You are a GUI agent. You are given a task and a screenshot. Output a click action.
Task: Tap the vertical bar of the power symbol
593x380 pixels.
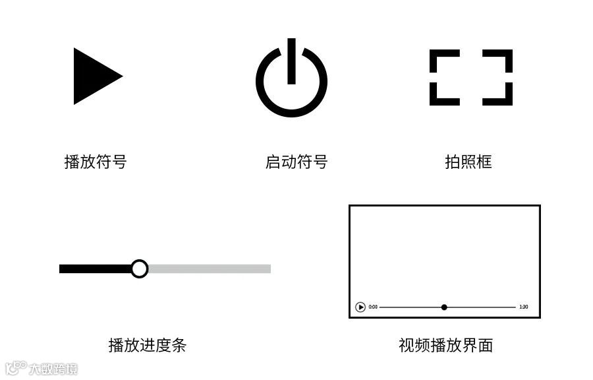[291, 61]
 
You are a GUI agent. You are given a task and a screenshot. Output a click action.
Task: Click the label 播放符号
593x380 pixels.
[96, 162]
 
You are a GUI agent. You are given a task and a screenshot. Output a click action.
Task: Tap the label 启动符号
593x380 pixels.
[296, 162]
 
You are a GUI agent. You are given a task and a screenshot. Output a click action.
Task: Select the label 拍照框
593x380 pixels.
[468, 162]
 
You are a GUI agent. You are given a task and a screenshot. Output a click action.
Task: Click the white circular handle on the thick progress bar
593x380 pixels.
[139, 269]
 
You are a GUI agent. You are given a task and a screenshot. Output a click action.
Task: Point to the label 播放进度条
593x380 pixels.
[148, 344]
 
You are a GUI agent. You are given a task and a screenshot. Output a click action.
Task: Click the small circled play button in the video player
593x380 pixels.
[360, 307]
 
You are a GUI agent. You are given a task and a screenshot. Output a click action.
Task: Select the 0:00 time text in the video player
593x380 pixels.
[373, 307]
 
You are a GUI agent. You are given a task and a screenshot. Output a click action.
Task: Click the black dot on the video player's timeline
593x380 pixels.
[444, 307]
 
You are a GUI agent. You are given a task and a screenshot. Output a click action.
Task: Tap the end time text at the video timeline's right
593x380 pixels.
[523, 307]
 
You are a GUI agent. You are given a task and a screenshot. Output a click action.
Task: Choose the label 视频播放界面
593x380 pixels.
[446, 344]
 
